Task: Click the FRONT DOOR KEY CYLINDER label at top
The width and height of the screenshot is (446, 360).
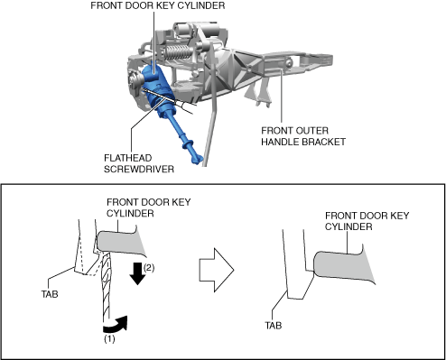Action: point(158,5)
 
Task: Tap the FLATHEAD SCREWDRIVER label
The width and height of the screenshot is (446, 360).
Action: point(139,163)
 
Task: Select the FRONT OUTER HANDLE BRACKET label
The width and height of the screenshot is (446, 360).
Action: point(303,136)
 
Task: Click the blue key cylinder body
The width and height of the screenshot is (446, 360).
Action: point(155,88)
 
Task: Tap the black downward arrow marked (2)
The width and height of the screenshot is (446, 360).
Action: point(138,273)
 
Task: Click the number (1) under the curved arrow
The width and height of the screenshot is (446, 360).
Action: point(109,339)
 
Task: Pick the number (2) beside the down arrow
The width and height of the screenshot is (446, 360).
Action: point(149,268)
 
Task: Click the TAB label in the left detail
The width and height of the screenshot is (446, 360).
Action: point(50,294)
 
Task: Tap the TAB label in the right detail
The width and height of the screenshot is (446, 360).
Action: point(274,325)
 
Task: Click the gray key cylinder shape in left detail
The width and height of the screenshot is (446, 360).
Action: point(120,241)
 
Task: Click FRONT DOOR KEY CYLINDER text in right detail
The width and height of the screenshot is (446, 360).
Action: point(367,221)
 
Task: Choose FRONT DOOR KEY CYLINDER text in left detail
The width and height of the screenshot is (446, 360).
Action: point(149,208)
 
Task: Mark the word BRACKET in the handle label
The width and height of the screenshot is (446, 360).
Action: point(324,142)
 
